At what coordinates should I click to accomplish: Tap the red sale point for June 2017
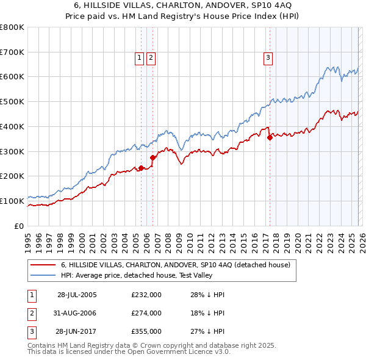[x=270, y=137]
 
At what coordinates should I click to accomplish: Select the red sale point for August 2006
[x=153, y=157]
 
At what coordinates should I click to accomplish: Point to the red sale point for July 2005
[x=141, y=168]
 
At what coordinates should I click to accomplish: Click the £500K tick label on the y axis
[x=12, y=101]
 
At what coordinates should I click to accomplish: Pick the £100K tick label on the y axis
[x=12, y=201]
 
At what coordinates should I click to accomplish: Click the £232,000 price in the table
[x=146, y=295]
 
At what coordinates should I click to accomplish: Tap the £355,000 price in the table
[x=146, y=332]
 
